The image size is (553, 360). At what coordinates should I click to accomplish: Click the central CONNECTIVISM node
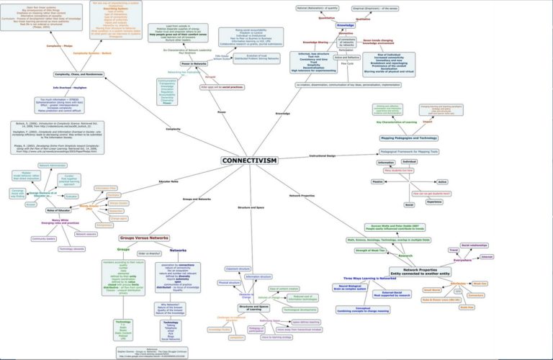point(249,161)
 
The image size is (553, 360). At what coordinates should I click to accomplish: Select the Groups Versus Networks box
point(144,238)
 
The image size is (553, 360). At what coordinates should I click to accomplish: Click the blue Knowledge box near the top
point(346,25)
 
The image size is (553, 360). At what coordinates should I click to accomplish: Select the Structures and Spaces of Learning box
point(254,307)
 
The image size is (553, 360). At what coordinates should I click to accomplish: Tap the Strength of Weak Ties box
point(370,251)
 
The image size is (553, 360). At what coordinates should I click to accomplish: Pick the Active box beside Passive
point(442,182)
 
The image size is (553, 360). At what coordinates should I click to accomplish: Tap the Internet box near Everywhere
point(487,257)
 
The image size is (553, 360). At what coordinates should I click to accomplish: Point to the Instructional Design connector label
point(323,156)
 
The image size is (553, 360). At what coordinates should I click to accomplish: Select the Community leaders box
point(44,238)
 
